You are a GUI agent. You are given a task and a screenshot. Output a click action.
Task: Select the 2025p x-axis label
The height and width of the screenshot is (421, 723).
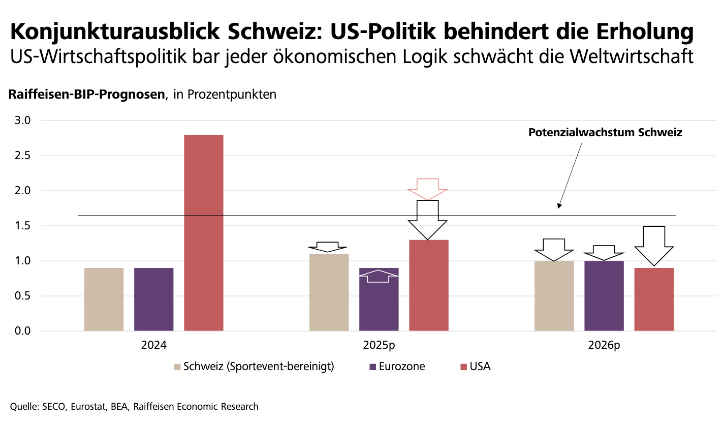[x=379, y=345]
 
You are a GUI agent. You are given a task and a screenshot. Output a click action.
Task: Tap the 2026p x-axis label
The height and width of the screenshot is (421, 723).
[x=604, y=345]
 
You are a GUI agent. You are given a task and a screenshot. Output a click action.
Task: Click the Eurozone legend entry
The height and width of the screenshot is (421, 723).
[x=401, y=366]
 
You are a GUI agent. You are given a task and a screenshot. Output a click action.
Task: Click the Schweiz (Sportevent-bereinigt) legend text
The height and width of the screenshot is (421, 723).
[x=259, y=366]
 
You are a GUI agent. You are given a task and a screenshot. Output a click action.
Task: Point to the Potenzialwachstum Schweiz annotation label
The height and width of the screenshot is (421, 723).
[x=605, y=133]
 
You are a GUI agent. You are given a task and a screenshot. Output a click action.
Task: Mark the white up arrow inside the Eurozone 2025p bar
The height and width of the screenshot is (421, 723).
[x=379, y=276]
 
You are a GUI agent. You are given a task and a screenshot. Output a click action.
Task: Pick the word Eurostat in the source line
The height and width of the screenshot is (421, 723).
[x=86, y=406]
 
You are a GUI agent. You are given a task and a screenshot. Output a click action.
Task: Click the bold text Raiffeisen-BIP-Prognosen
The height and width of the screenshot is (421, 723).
[x=86, y=95]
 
